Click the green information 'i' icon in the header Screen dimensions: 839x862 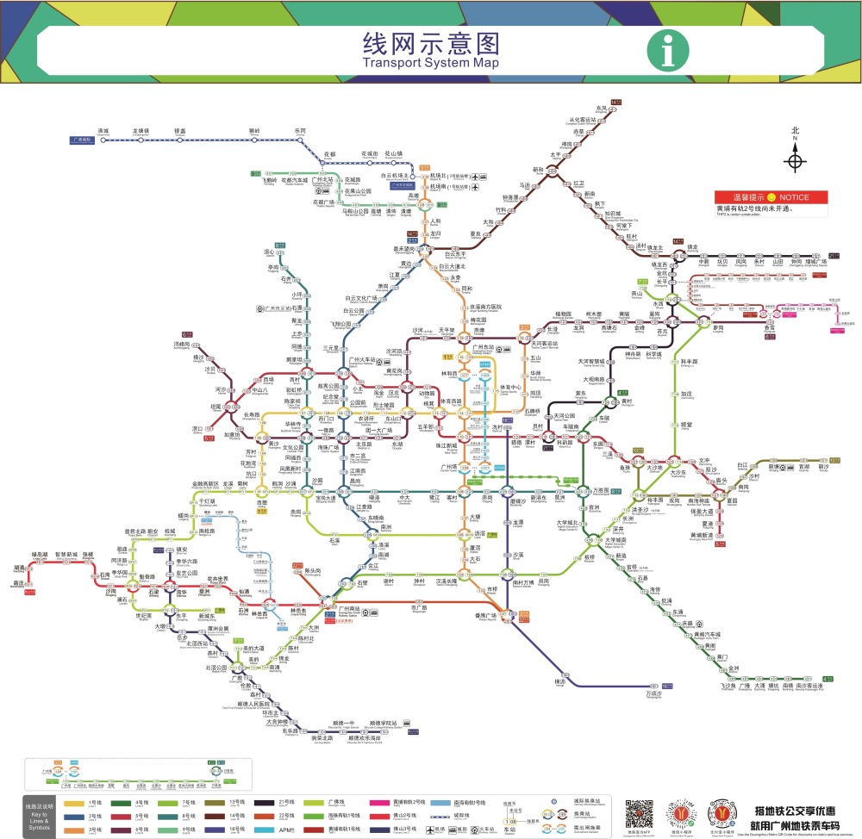(668, 52)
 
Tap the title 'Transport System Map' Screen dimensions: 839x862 (430, 63)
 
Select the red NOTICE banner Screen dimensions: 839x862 (770, 197)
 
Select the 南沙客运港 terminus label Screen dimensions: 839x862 (809, 687)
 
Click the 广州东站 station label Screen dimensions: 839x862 (471, 345)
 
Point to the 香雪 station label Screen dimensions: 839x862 (746, 328)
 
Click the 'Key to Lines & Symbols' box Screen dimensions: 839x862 (40, 817)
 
